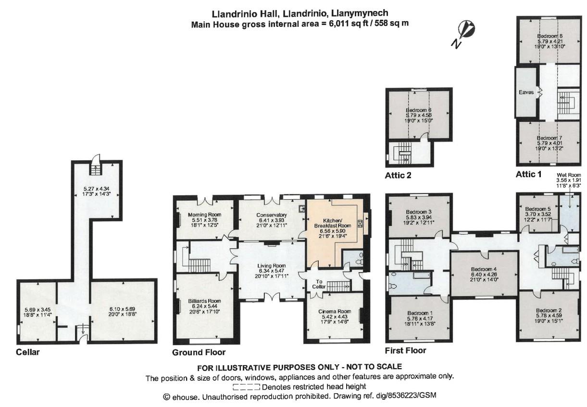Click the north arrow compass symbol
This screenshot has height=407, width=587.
pos(464,34)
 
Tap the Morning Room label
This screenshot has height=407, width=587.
pos(205,215)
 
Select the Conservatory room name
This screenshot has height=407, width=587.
pos(272,215)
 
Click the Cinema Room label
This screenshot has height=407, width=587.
pos(335,311)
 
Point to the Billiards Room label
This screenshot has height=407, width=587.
pos(204,301)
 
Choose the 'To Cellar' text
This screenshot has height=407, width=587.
pos(319,284)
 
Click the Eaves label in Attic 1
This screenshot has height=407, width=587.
pos(526,92)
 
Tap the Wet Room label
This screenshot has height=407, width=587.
pos(569,175)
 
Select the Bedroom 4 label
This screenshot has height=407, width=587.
pos(484,269)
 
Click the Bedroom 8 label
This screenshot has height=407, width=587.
pos(550,36)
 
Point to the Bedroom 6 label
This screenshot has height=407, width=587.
pos(419,110)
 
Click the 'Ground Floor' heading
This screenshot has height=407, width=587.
pos(199,352)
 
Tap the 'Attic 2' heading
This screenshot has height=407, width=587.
pos(398,175)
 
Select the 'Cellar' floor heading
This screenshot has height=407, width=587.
pos(27,352)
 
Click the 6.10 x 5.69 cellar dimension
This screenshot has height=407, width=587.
pos(123,309)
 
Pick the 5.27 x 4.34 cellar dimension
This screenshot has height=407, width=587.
pos(97,189)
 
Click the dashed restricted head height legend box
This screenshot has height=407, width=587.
pos(246,386)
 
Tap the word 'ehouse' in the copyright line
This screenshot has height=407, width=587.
pos(184,397)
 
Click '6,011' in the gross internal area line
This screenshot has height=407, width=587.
pos(334,24)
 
